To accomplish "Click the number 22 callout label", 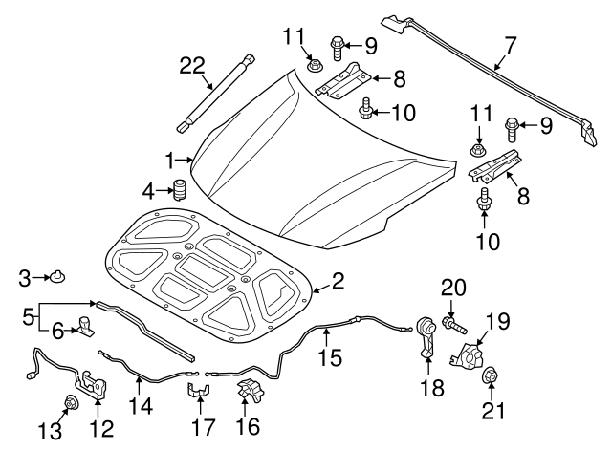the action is tap(192, 66).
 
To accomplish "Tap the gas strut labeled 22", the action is tap(217, 94).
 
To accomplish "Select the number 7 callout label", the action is tap(511, 46).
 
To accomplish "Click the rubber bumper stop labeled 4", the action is tap(180, 190).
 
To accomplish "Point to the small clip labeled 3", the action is tap(57, 276).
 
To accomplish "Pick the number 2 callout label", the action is tap(338, 281).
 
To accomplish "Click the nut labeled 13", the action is tap(71, 402).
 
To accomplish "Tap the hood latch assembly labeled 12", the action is tap(92, 384).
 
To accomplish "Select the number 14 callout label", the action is tap(141, 406).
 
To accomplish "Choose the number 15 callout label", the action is tap(330, 357).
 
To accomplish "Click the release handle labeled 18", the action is tap(427, 336).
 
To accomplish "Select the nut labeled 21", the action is tap(490, 375).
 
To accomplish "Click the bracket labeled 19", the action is tap(467, 355).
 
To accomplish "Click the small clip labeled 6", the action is tap(86, 326).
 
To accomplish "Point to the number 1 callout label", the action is tap(169, 161).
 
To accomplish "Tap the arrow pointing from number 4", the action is tap(164, 191).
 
